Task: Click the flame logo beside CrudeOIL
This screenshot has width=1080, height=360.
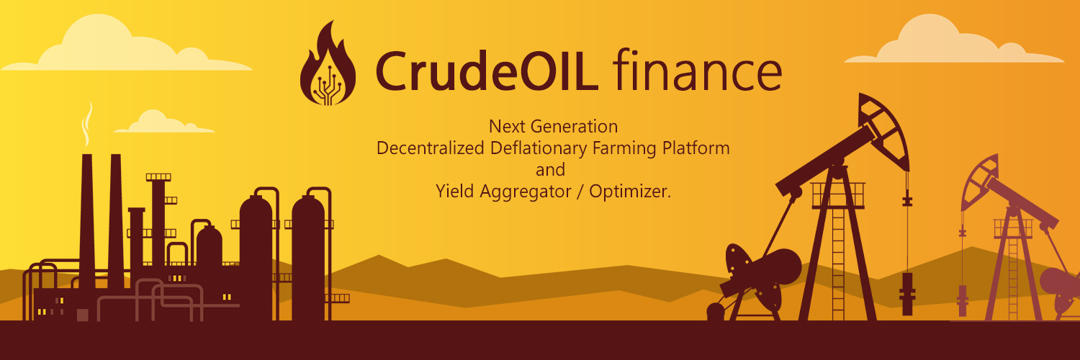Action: tap(328, 64)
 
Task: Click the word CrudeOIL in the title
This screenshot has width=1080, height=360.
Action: tap(487, 71)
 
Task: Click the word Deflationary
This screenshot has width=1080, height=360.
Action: tap(539, 148)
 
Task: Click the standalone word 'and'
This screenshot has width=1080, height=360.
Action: tap(551, 170)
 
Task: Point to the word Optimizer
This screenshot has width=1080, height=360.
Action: tap(630, 192)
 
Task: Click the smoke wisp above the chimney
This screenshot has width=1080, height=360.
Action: tap(87, 124)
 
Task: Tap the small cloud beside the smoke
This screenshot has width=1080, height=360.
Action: tap(164, 122)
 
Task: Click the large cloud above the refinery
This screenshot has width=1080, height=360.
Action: tap(126, 45)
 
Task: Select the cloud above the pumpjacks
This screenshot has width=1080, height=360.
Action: tap(955, 40)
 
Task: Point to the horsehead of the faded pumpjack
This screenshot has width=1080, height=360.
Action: tap(978, 181)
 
